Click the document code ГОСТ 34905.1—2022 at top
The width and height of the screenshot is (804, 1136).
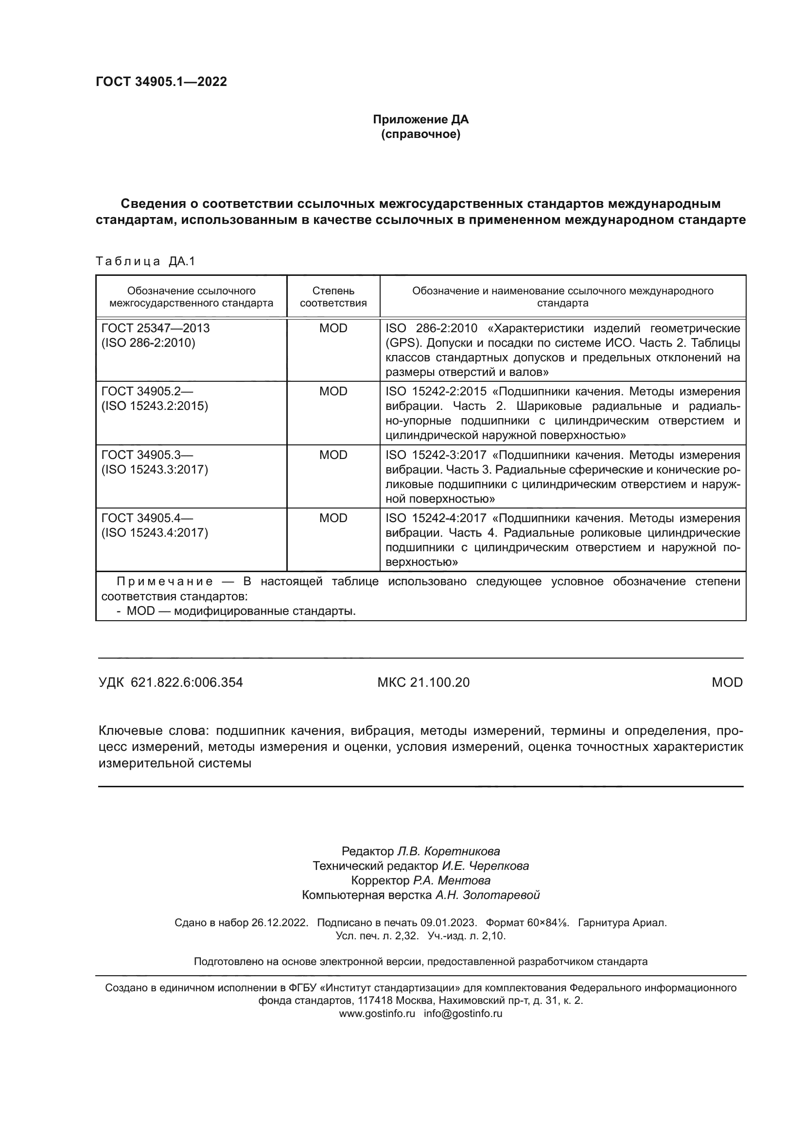(x=161, y=82)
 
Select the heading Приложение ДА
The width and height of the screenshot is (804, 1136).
(x=420, y=119)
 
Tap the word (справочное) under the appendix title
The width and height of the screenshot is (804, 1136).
(x=420, y=135)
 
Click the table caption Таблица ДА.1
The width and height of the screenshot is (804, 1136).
(x=145, y=261)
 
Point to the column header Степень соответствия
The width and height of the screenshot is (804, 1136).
(x=333, y=297)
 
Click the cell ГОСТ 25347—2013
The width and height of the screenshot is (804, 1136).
(x=156, y=328)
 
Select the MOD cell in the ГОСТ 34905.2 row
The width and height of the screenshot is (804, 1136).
(x=333, y=391)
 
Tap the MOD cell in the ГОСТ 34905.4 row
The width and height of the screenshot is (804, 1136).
(x=333, y=518)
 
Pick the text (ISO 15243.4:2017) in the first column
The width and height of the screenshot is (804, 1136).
(x=155, y=533)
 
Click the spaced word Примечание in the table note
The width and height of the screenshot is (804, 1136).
(x=165, y=581)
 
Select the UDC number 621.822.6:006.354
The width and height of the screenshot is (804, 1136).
(x=187, y=683)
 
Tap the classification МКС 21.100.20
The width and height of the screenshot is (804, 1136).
(x=423, y=683)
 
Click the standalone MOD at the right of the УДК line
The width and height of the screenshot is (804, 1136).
(x=727, y=683)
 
